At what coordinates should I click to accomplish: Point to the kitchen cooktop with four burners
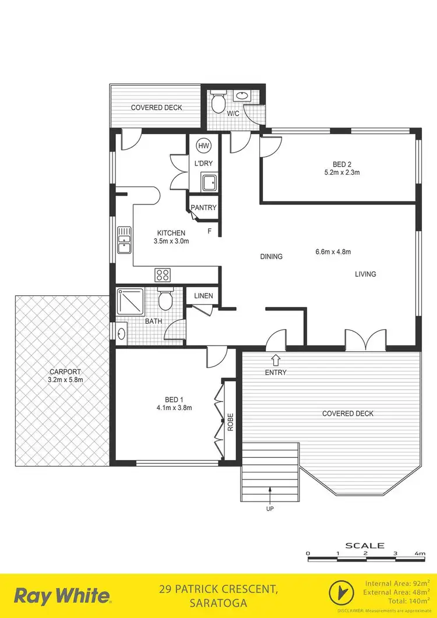click(x=162, y=274)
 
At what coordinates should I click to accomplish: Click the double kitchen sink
click(x=124, y=240)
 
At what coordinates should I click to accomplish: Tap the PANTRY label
click(x=203, y=207)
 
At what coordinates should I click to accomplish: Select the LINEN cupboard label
click(x=203, y=296)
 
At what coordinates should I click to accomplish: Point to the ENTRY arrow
click(x=276, y=361)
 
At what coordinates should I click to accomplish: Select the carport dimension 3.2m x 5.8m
click(x=66, y=380)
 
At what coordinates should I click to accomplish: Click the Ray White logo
click(x=62, y=596)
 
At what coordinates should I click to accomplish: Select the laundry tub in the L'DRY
click(x=209, y=182)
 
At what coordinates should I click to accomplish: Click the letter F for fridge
click(x=210, y=231)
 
